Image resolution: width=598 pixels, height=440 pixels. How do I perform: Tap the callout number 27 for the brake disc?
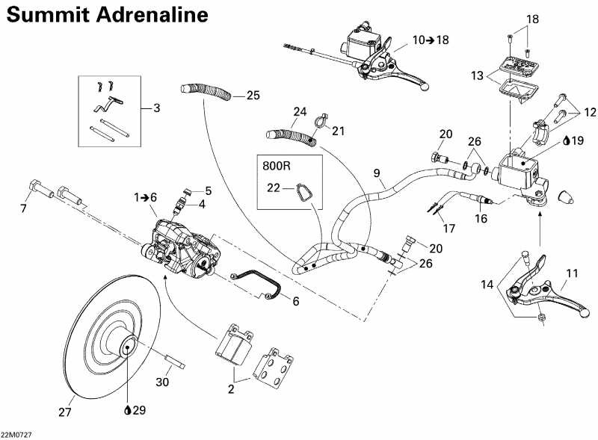click(x=66, y=412)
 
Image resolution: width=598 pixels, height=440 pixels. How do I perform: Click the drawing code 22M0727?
click(x=16, y=434)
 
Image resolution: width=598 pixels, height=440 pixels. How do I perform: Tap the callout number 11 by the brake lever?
click(x=572, y=273)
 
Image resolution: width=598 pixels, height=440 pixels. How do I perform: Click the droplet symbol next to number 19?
click(x=567, y=140)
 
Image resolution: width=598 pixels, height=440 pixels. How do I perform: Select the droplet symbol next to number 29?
click(x=129, y=409)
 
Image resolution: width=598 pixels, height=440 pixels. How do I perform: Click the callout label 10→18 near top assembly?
click(x=431, y=40)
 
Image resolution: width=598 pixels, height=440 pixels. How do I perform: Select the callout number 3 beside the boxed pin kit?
click(x=155, y=108)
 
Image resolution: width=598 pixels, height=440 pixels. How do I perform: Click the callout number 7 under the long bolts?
click(x=23, y=208)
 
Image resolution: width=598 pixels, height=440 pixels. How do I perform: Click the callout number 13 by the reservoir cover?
click(x=477, y=75)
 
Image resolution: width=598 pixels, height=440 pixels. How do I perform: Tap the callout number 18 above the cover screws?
click(x=532, y=19)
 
